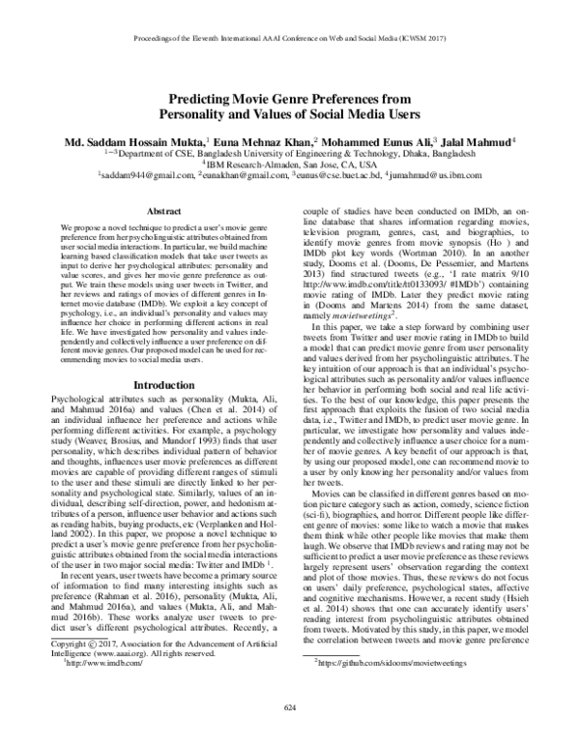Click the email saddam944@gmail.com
click(x=145, y=178)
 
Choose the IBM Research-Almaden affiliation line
click(x=290, y=165)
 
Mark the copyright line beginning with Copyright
click(x=159, y=672)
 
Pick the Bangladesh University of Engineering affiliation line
click(x=290, y=153)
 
